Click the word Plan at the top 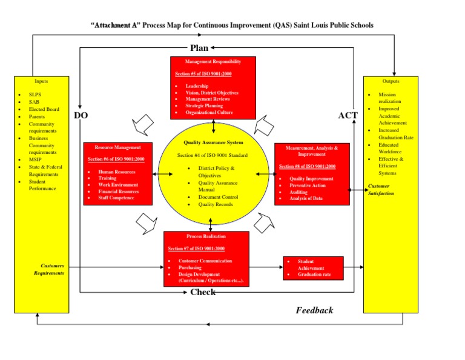[x=199, y=48]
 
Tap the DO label [x=81, y=116]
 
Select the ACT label [x=348, y=115]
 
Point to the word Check [x=203, y=293]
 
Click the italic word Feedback [x=314, y=310]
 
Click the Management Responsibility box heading [x=213, y=62]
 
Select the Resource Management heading [x=118, y=147]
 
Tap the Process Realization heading [x=206, y=236]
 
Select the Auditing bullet [x=298, y=192]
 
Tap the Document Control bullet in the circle [x=218, y=197]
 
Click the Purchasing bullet [x=190, y=267]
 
